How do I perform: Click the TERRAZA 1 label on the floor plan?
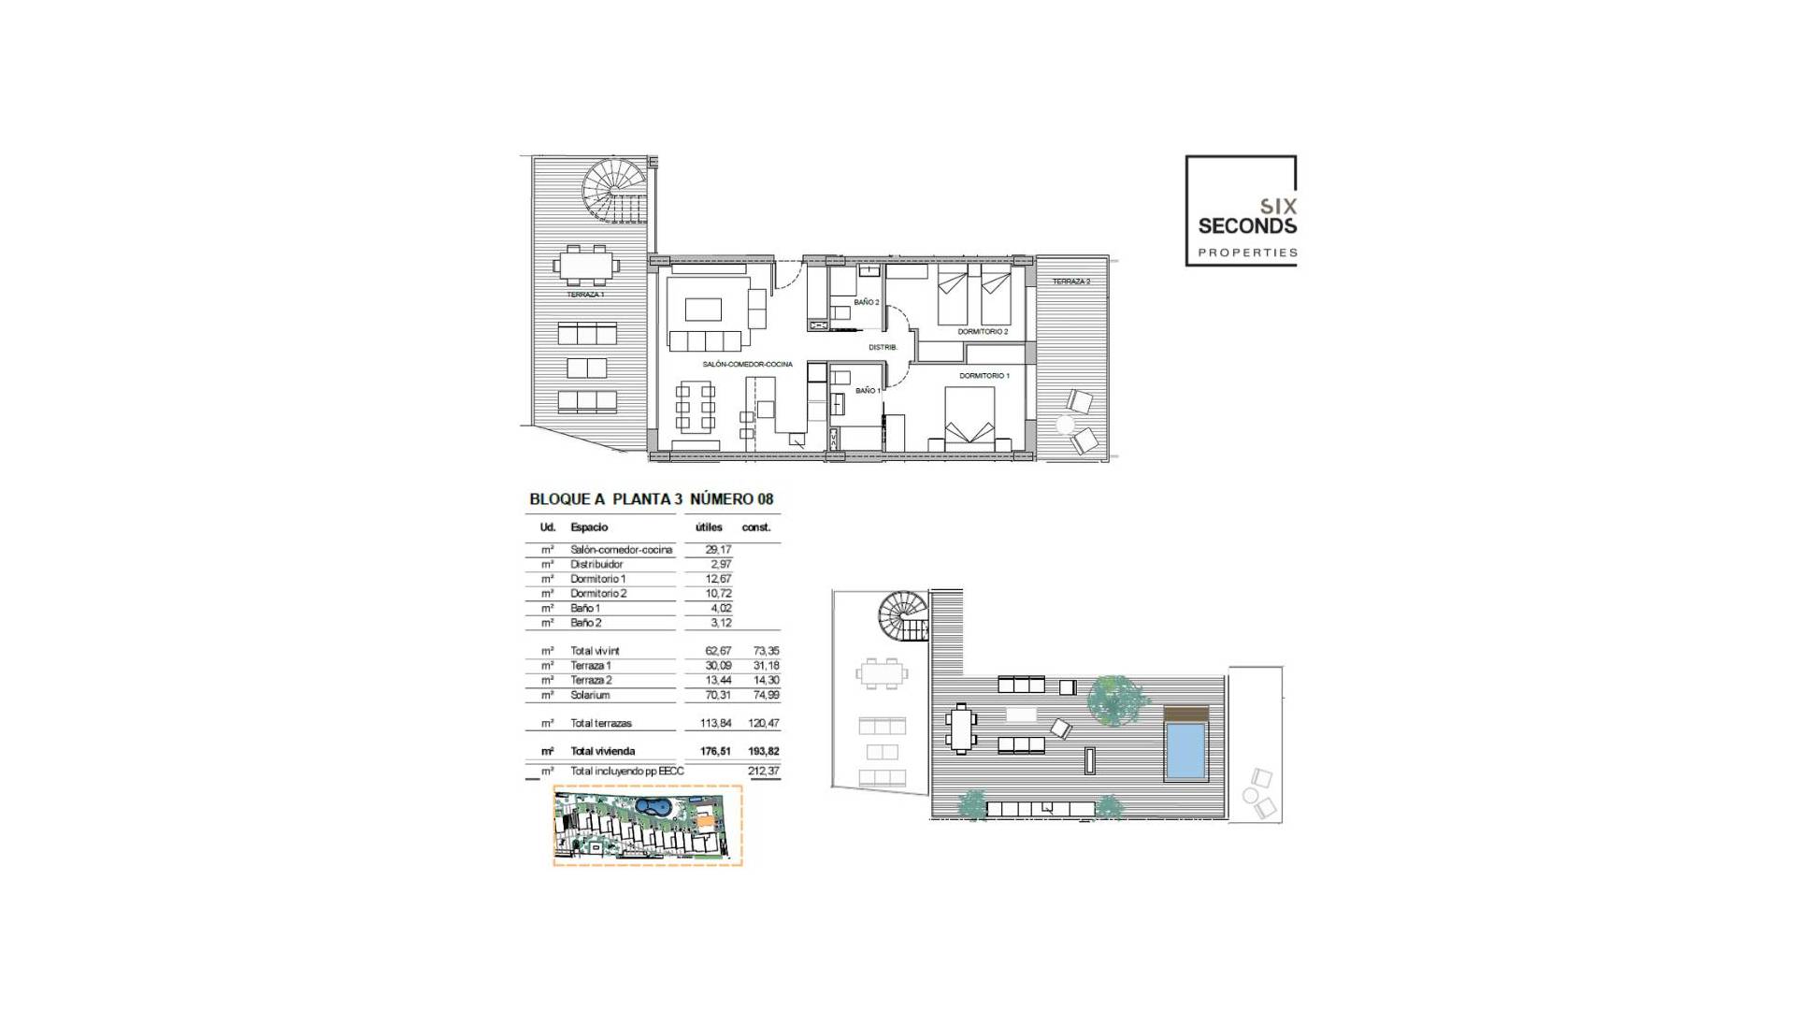click(x=585, y=295)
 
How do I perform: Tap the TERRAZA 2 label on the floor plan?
click(x=1071, y=281)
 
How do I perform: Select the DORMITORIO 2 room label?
click(x=983, y=332)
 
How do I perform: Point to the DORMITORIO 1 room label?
click(x=984, y=376)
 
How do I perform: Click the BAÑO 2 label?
click(x=866, y=302)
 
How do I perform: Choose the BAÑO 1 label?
click(x=867, y=390)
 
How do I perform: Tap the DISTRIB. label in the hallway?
click(x=883, y=348)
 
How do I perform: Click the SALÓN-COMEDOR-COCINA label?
click(x=747, y=365)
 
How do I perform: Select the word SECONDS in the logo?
click(x=1247, y=226)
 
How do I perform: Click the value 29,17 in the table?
click(x=718, y=550)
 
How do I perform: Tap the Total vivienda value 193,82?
click(x=763, y=751)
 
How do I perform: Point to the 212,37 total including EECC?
click(x=763, y=772)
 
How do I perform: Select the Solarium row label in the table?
click(x=590, y=695)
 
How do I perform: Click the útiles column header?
click(x=709, y=527)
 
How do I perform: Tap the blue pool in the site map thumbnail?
click(x=653, y=806)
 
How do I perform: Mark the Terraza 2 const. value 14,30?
click(x=766, y=681)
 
